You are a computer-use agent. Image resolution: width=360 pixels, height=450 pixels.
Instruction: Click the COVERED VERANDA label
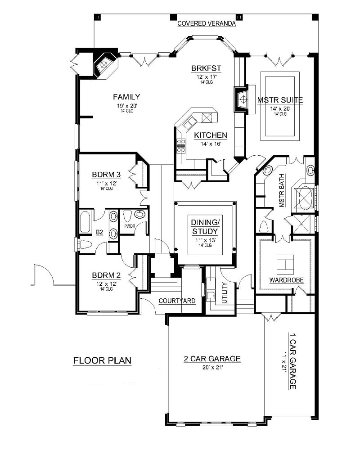tap(207, 23)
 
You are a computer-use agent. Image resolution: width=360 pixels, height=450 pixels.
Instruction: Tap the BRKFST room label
tap(206, 68)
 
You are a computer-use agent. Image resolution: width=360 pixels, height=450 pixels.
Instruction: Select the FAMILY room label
tap(126, 97)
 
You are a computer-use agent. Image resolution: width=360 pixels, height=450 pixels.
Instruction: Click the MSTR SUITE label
tap(280, 100)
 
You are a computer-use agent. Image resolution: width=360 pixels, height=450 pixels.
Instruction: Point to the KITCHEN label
tap(211, 135)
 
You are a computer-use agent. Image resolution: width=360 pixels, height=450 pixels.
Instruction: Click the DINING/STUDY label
tap(205, 227)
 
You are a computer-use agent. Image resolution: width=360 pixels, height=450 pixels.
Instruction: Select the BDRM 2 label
tap(107, 275)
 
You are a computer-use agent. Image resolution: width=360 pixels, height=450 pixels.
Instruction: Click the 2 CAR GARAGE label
tap(212, 359)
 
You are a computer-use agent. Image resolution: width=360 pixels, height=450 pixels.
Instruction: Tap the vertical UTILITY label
tap(225, 292)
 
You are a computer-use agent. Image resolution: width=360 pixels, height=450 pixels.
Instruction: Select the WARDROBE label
tap(286, 280)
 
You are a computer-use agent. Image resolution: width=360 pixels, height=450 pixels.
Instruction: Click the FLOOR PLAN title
tap(102, 360)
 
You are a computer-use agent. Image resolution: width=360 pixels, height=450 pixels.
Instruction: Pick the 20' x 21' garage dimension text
tap(212, 367)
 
